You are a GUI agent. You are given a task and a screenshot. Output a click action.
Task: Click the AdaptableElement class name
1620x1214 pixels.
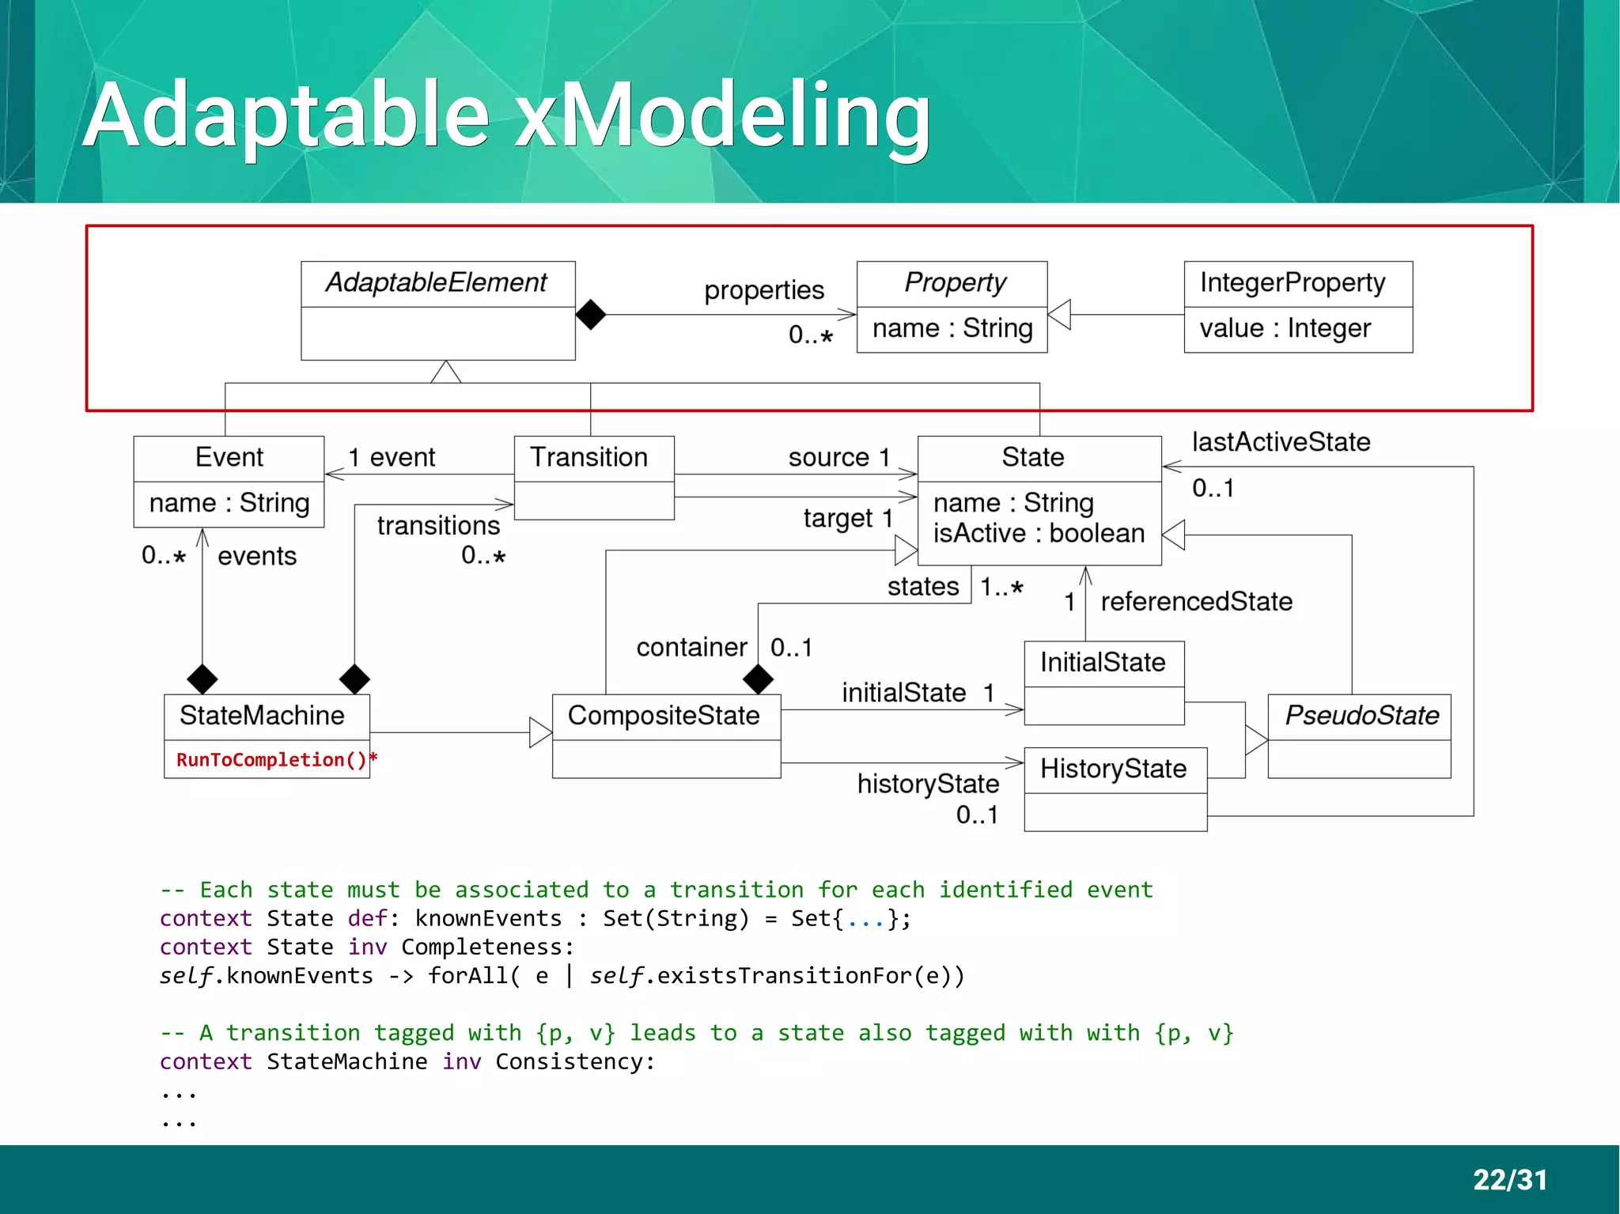(437, 283)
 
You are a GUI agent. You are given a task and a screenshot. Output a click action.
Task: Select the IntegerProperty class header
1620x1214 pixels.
(1293, 283)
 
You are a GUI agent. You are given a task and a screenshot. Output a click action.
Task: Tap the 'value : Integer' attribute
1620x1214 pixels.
(1285, 328)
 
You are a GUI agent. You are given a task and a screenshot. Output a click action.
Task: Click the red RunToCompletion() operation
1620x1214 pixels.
(272, 760)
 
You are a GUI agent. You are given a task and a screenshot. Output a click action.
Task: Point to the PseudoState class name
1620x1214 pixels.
(1361, 716)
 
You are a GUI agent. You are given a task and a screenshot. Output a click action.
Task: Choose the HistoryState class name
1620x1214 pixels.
(1113, 769)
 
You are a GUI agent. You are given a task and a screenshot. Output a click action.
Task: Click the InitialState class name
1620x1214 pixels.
(1103, 663)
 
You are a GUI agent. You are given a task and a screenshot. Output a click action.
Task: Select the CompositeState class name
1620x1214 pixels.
(664, 716)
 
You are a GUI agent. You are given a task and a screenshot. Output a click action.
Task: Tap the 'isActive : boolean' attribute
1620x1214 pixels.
(1039, 534)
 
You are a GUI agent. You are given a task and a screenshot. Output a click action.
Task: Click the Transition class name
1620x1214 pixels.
(589, 458)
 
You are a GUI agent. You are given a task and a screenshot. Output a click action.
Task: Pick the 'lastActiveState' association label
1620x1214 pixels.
(1281, 442)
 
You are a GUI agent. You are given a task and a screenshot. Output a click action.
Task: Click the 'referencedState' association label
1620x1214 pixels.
(1196, 602)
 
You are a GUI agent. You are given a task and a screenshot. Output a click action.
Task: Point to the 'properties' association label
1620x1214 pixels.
(764, 291)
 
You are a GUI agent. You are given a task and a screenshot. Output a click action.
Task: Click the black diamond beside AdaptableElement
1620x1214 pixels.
(591, 315)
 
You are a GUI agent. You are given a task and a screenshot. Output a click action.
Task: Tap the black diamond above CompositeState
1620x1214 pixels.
(758, 679)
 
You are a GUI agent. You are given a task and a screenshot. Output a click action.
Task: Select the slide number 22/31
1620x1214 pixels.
(1509, 1180)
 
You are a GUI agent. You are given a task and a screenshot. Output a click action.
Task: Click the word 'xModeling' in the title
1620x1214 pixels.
(722, 115)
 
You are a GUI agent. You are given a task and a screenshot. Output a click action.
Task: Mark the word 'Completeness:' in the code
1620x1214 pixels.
(487, 947)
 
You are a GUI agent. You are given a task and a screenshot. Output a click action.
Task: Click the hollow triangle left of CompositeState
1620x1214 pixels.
(540, 732)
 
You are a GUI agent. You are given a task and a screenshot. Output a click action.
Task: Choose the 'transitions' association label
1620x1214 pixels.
(438, 526)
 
